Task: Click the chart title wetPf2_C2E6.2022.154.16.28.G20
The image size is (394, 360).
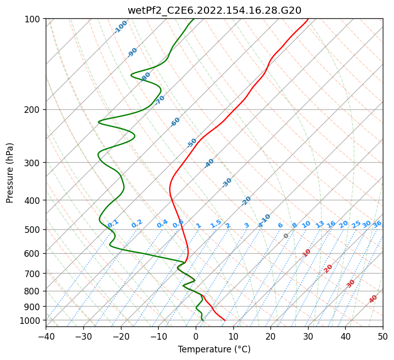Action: pyautogui.click(x=214, y=10)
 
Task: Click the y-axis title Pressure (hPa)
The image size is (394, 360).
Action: pyautogui.click(x=10, y=172)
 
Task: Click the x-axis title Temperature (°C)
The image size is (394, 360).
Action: pyautogui.click(x=214, y=349)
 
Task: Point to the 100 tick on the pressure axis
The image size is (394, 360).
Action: pyautogui.click(x=34, y=19)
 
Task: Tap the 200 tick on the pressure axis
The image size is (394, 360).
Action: pyautogui.click(x=34, y=109)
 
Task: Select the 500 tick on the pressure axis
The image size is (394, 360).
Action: pyautogui.click(x=34, y=229)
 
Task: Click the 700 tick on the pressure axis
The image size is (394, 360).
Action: pyautogui.click(x=34, y=274)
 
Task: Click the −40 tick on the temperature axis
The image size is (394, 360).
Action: pyautogui.click(x=46, y=336)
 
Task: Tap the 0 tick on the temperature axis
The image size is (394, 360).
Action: pyautogui.click(x=196, y=336)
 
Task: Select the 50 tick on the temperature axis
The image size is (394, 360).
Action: pyautogui.click(x=383, y=336)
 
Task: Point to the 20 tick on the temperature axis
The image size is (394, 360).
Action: pyautogui.click(x=270, y=336)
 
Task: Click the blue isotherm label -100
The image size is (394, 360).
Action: pyautogui.click(x=121, y=27)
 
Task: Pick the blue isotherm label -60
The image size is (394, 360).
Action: pyautogui.click(x=175, y=122)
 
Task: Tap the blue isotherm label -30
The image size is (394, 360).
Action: pyautogui.click(x=227, y=183)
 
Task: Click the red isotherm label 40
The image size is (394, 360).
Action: pyautogui.click(x=373, y=299)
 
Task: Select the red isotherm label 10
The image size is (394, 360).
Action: pyautogui.click(x=307, y=253)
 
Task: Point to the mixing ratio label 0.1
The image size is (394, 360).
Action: pyautogui.click(x=113, y=223)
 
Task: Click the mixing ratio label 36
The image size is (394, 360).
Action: pyautogui.click(x=377, y=224)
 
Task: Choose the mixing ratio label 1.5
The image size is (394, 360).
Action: pyautogui.click(x=216, y=223)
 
